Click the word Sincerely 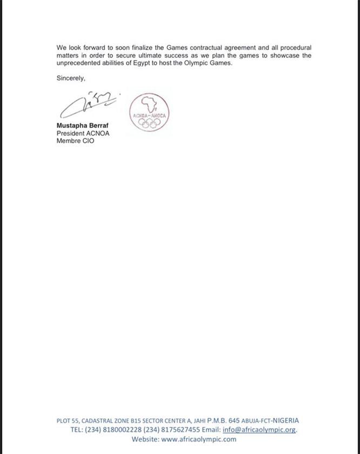(71, 78)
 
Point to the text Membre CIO (75, 141)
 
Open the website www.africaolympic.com (198, 439)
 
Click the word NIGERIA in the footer (285, 420)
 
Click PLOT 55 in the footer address (68, 420)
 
